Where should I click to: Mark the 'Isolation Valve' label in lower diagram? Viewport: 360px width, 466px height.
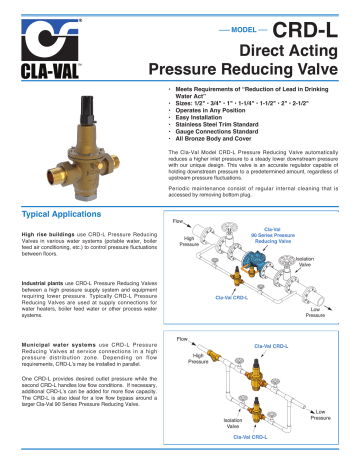coord(233,427)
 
